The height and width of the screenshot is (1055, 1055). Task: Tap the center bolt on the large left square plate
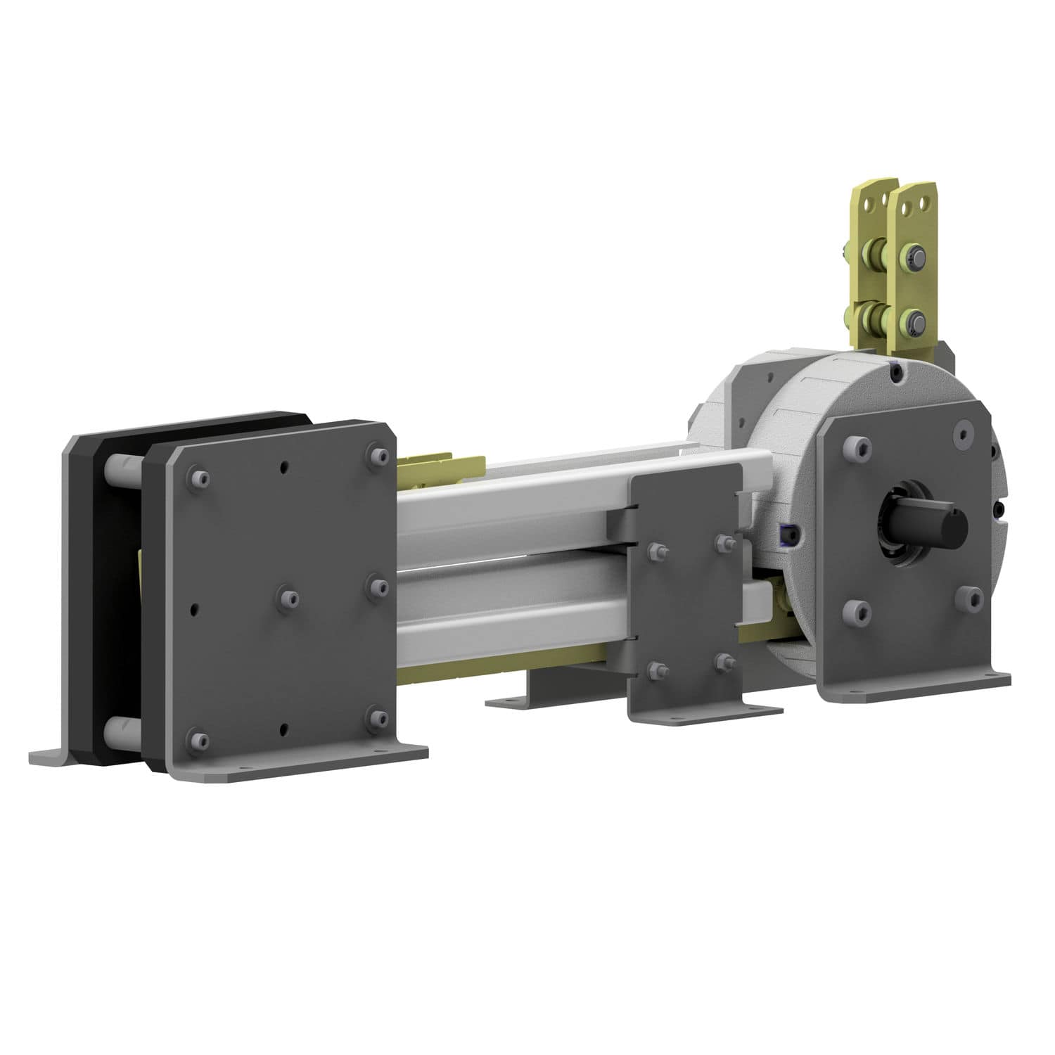[x=288, y=596]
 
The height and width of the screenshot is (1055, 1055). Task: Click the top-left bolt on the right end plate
[x=855, y=446]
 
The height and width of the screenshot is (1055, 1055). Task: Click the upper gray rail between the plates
[x=513, y=506]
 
